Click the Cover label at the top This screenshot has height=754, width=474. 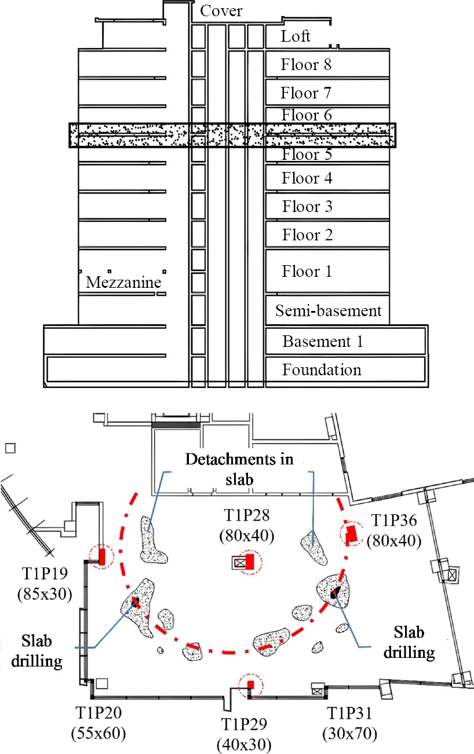point(221,10)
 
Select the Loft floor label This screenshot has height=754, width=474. point(296,36)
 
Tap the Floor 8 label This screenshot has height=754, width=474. point(306,64)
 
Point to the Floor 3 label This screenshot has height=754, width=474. point(308,207)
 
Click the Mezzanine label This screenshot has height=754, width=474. point(123,283)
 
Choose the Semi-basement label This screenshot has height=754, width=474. point(329,311)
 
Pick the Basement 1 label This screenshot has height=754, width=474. point(323,341)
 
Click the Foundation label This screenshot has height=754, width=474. point(322,369)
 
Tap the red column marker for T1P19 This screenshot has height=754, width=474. point(102,557)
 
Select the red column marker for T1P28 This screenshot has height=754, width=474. point(250,561)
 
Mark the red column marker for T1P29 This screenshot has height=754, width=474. point(251,685)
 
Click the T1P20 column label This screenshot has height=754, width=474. point(98,711)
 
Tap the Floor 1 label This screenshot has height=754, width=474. point(307,271)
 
